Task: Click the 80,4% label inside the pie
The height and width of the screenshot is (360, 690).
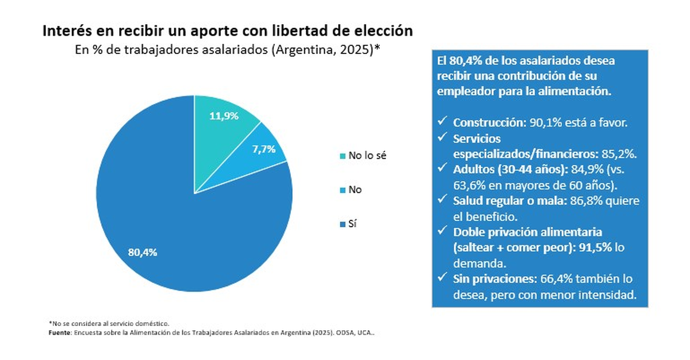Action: click(142, 252)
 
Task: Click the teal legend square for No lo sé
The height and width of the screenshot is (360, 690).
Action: click(343, 156)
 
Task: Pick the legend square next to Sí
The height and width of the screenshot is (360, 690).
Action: click(343, 223)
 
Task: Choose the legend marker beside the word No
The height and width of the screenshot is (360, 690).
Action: click(343, 189)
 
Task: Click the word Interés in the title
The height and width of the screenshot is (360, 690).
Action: click(66, 31)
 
